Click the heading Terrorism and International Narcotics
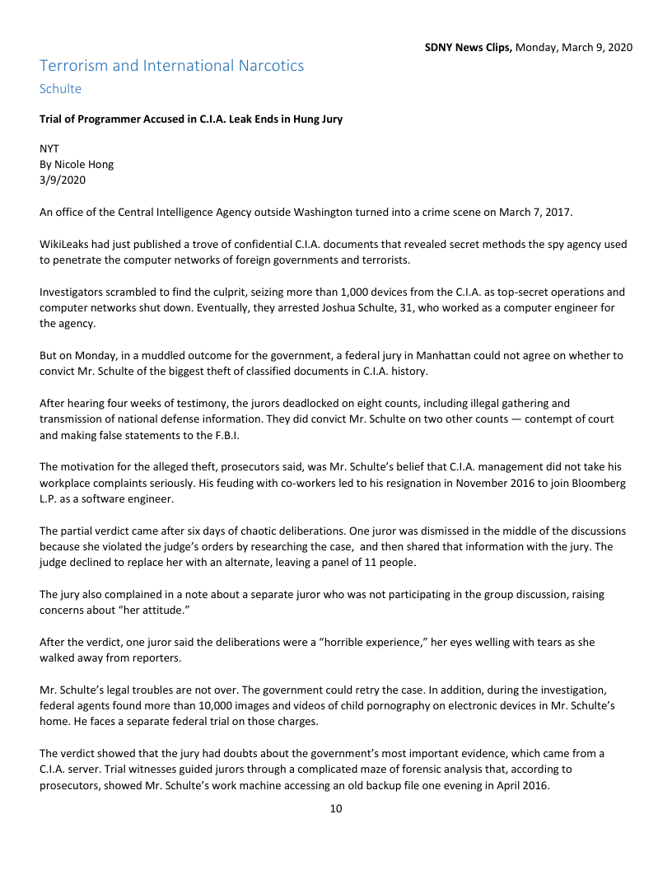coord(171,65)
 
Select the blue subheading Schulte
coord(60,88)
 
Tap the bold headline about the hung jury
coord(191,119)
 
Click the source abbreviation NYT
coord(49,150)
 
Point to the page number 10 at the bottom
coord(335,809)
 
